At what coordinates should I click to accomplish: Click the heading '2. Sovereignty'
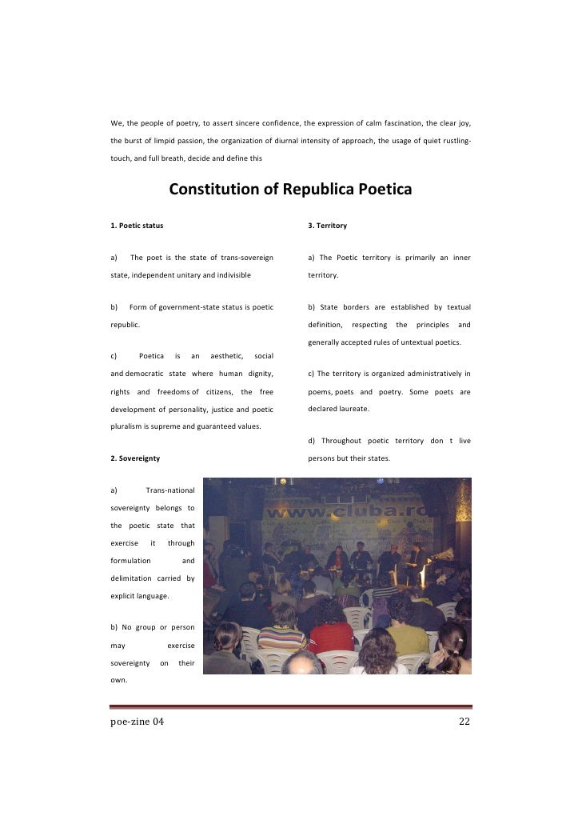(135, 458)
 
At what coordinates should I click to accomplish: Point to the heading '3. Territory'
(328, 226)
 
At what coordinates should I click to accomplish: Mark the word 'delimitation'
(135, 579)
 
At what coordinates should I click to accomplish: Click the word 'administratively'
(432, 374)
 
